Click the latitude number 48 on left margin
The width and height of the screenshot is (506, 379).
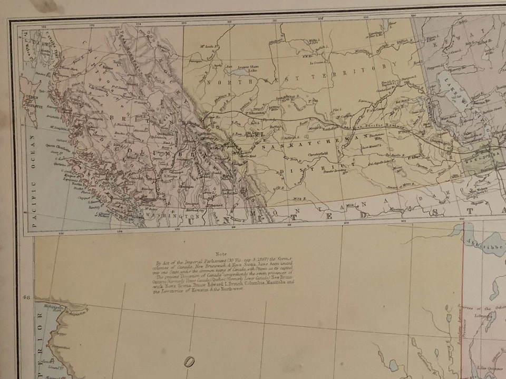25,297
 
